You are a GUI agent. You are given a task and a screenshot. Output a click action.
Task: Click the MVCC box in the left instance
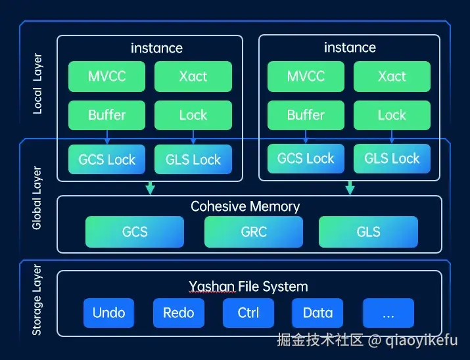point(107,76)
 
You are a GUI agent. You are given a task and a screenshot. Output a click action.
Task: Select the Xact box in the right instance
point(392,76)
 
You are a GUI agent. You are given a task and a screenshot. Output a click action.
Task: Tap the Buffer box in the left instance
point(107,115)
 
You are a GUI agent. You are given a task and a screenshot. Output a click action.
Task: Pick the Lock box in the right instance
point(392,115)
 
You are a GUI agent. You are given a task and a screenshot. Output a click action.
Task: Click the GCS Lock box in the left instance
point(107,160)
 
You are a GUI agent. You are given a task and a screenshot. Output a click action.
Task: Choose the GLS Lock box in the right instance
point(392,158)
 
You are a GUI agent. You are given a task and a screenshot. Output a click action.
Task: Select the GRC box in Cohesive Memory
point(254,231)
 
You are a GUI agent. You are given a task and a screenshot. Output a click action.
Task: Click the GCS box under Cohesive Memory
point(135,231)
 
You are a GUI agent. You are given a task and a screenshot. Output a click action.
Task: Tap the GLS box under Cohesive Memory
point(368,231)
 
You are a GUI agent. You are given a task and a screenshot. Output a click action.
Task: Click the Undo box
point(109,313)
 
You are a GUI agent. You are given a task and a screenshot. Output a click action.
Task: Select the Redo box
point(179,313)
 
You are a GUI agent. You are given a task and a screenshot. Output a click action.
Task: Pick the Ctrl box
point(248,313)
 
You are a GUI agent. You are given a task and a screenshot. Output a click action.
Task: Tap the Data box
point(318,313)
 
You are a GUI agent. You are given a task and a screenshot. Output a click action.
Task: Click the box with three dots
point(388,313)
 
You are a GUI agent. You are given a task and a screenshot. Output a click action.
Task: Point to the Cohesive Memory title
point(245,206)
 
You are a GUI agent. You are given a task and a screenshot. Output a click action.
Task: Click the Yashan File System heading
point(248,286)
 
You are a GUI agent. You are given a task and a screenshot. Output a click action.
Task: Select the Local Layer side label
point(37,83)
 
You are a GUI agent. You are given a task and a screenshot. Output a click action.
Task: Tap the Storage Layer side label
point(37,300)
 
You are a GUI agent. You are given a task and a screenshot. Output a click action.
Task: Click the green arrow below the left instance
point(150,188)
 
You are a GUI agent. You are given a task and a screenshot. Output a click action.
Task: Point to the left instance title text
point(156,48)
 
